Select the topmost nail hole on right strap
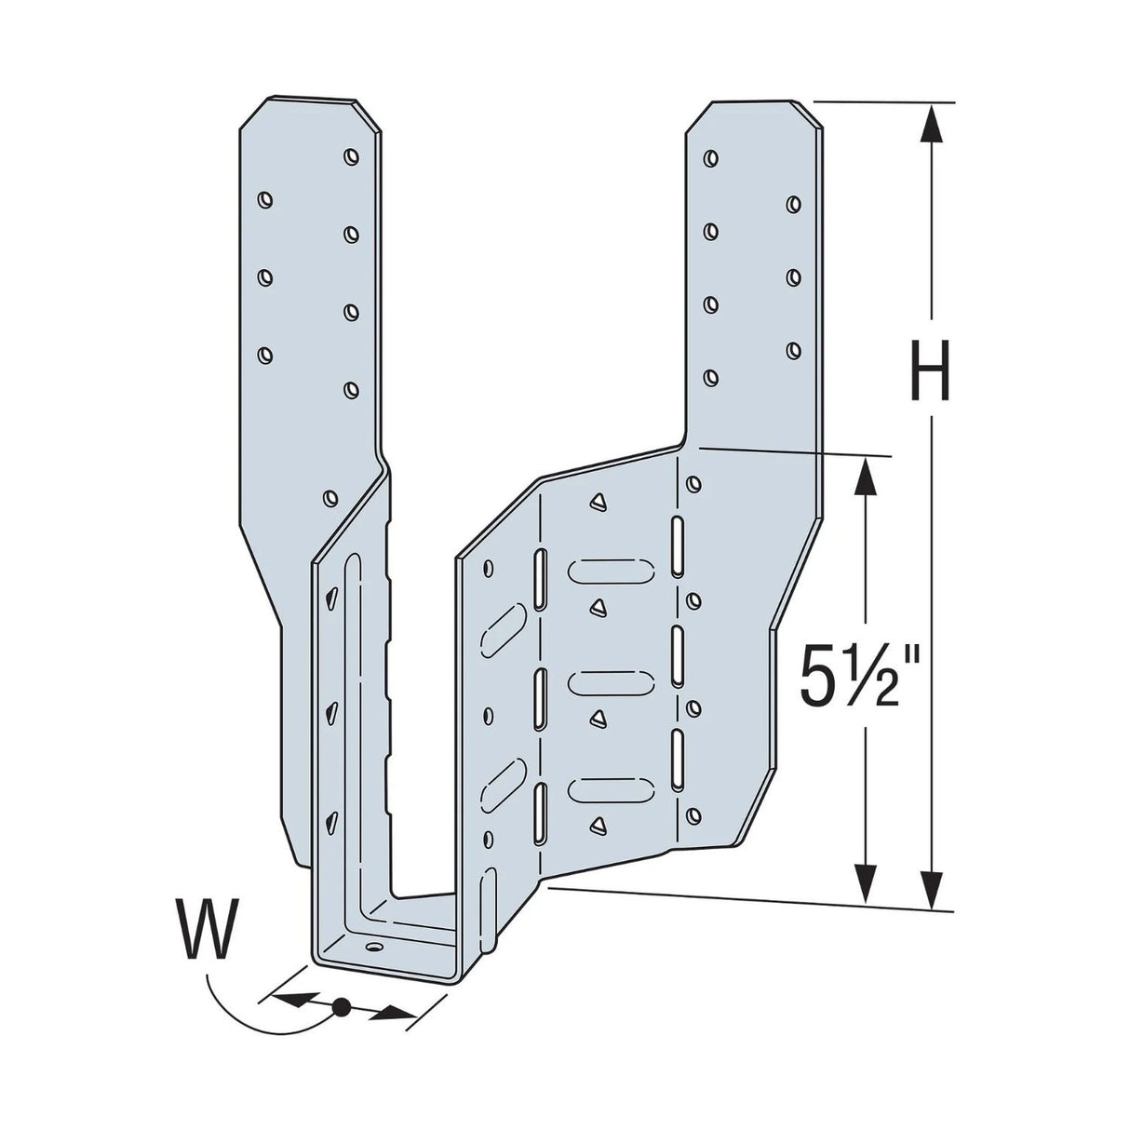click(x=710, y=156)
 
